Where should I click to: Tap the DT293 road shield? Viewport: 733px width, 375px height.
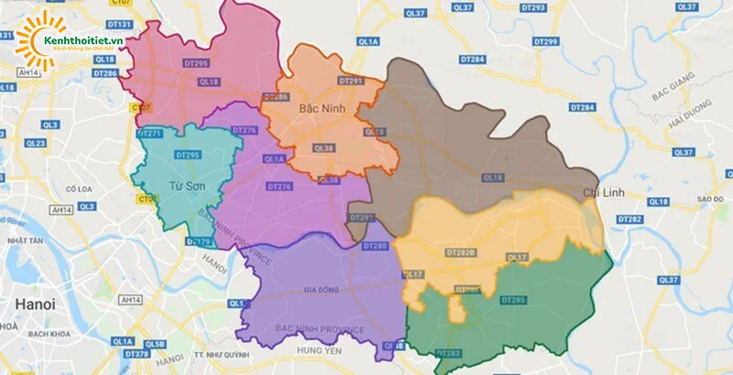[x=532, y=7]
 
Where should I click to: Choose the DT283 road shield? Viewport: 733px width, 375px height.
[x=449, y=353]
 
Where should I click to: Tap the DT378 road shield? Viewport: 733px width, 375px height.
[x=137, y=354]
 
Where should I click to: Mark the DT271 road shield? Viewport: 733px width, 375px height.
[x=148, y=134]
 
